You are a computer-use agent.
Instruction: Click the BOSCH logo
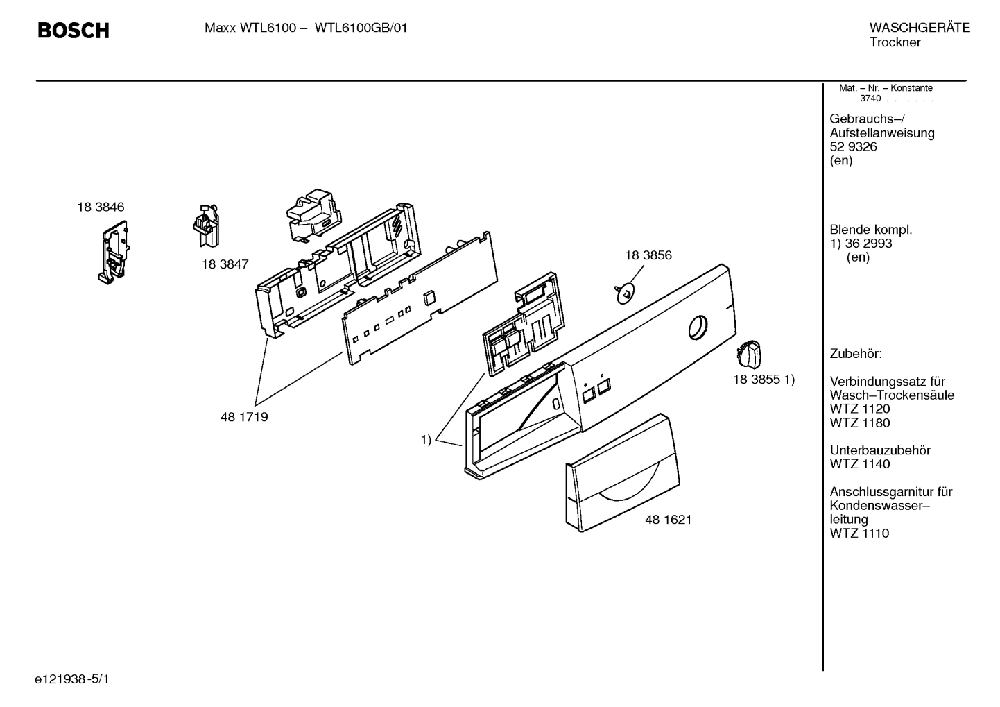point(73,31)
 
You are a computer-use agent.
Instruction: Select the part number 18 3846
point(101,207)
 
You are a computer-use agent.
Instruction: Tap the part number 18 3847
point(225,264)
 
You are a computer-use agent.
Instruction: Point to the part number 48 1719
point(244,417)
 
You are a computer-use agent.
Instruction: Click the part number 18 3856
point(648,255)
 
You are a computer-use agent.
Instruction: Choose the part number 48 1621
point(668,519)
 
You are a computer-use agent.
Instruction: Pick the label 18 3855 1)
point(764,380)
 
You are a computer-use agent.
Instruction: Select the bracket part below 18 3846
point(112,252)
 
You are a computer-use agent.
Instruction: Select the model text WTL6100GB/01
point(361,28)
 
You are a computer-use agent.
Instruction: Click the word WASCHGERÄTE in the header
point(920,28)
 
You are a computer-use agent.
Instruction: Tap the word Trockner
point(895,42)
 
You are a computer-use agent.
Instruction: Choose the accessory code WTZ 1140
point(859,464)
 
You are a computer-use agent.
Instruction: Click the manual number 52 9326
point(853,146)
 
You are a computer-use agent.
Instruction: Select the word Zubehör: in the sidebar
point(856,354)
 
